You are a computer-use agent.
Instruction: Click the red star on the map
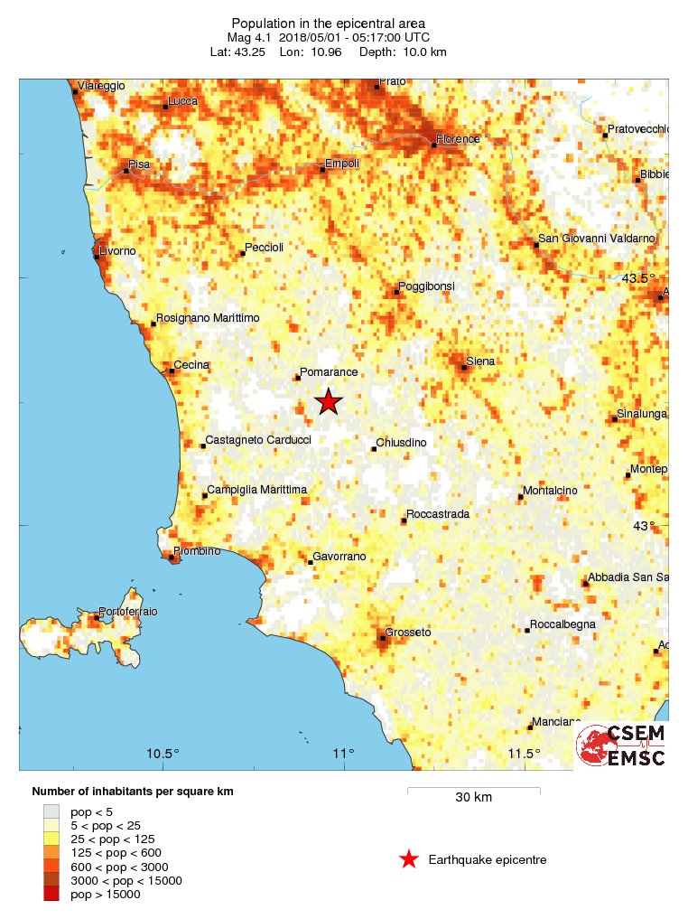[x=329, y=402]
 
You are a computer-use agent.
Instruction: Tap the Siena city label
[x=480, y=361]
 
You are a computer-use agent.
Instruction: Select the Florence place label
[x=458, y=139]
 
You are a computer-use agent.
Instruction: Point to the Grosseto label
[x=408, y=632]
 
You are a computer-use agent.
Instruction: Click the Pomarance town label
[x=330, y=372]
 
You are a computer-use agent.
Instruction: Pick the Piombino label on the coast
[x=196, y=551]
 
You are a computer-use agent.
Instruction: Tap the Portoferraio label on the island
[x=127, y=612]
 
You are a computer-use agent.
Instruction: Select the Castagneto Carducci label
[x=258, y=440]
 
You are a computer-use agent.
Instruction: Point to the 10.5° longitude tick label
[x=163, y=755]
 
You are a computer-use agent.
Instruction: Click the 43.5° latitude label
[x=638, y=278]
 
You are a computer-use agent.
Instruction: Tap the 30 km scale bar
[x=473, y=791]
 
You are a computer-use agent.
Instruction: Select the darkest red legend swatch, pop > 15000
[x=51, y=894]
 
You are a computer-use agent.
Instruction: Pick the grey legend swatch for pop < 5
[x=51, y=811]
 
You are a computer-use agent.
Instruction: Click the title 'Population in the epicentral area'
[x=328, y=23]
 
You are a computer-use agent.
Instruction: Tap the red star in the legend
[x=409, y=859]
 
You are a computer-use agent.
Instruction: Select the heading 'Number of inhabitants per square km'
[x=132, y=792]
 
